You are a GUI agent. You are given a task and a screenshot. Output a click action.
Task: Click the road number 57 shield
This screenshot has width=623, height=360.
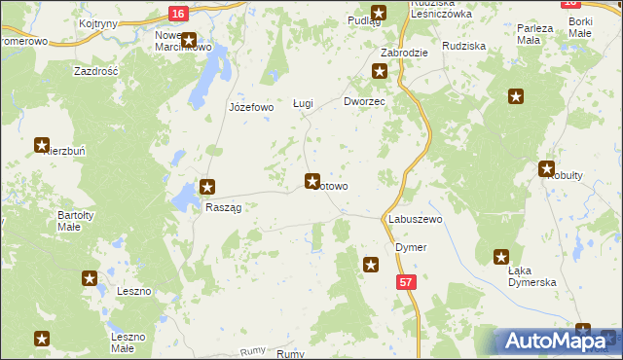[x=406, y=281]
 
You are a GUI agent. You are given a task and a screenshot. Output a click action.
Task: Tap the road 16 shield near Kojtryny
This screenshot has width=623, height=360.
[x=176, y=14]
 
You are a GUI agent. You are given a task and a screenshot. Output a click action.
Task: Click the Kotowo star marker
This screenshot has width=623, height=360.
[x=312, y=180]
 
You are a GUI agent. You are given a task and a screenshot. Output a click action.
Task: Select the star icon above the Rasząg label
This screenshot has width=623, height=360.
[x=207, y=187]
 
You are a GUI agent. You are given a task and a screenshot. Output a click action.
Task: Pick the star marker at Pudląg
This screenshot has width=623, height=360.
[x=379, y=13]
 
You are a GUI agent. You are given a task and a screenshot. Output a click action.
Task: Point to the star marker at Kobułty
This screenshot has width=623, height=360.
[x=547, y=168]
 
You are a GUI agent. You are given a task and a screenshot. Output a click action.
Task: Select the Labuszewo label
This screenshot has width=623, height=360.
[x=416, y=220]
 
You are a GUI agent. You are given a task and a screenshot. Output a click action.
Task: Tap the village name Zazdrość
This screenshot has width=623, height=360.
[x=96, y=71]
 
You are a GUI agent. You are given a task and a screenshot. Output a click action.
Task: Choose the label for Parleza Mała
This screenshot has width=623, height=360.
[x=535, y=34]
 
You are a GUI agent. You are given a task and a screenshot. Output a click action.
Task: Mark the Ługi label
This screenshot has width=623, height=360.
[x=303, y=103]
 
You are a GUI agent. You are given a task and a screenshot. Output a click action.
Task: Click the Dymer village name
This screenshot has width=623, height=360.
[x=411, y=247]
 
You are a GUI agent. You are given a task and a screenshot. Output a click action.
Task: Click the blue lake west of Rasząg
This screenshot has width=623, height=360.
[x=182, y=199]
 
